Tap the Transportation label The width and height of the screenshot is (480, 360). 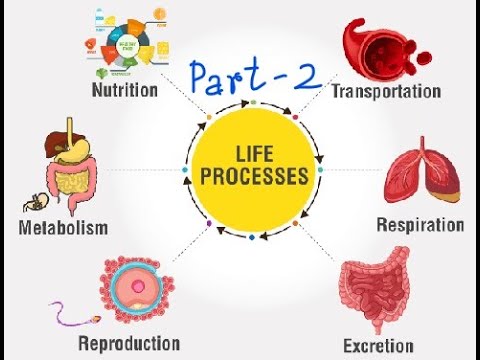click(386, 91)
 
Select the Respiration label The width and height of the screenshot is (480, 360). click(420, 225)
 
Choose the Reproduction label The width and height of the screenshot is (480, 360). click(129, 344)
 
